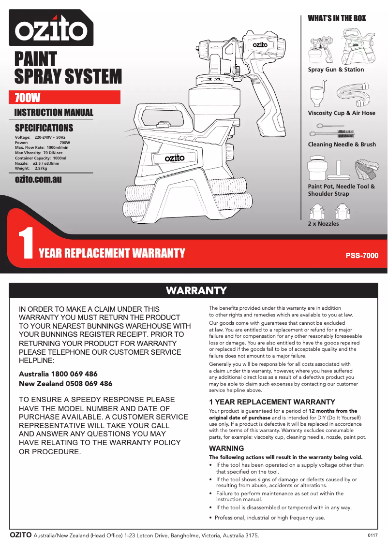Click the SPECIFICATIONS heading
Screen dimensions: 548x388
pyautogui.click(x=44, y=128)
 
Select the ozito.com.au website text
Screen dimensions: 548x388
pyautogui.click(x=38, y=180)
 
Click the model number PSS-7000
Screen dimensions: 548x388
pyautogui.click(x=362, y=255)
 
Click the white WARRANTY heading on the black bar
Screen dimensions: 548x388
pyautogui.click(x=196, y=290)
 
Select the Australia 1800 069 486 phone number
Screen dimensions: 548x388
pyautogui.click(x=58, y=374)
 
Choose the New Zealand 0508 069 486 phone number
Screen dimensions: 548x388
pyautogui.click(x=65, y=384)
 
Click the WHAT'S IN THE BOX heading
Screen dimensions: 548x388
pyautogui.click(x=337, y=18)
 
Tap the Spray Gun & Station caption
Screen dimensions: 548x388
pyautogui.click(x=336, y=70)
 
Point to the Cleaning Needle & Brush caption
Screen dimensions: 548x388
pyautogui.click(x=342, y=144)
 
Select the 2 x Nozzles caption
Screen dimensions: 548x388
pyautogui.click(x=323, y=224)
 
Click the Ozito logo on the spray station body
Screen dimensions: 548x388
pyautogui.click(x=175, y=158)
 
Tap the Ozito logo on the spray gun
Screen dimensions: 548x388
pyautogui.click(x=260, y=44)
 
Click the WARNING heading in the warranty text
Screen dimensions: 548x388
pyautogui.click(x=226, y=448)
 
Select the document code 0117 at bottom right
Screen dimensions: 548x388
pyautogui.click(x=372, y=535)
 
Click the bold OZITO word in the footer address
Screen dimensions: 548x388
pyautogui.click(x=21, y=535)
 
